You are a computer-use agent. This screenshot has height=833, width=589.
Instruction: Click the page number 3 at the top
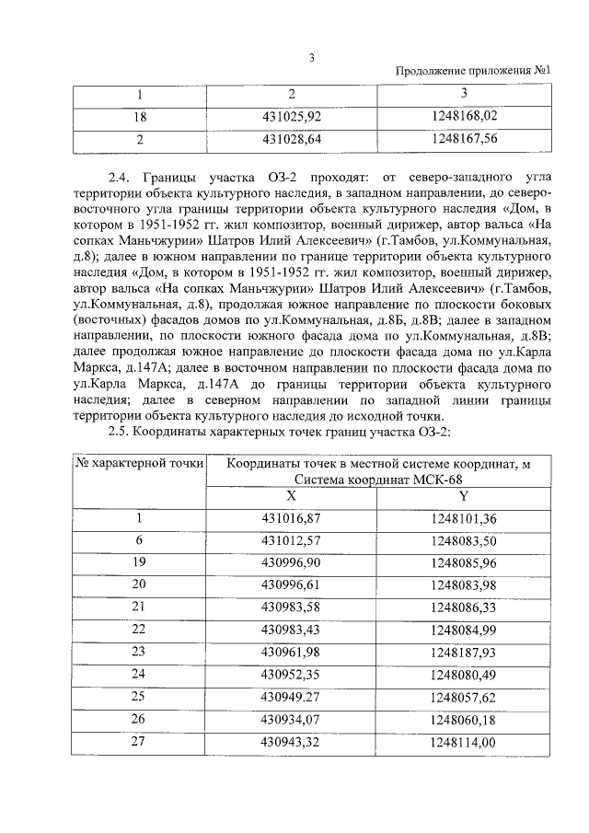point(312,58)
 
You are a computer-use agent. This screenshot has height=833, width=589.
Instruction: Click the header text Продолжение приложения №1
point(473,72)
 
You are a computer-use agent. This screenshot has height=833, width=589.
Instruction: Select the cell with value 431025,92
point(291,117)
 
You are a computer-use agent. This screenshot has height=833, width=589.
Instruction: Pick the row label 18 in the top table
point(140,117)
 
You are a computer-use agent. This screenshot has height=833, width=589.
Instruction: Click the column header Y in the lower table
point(463,495)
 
